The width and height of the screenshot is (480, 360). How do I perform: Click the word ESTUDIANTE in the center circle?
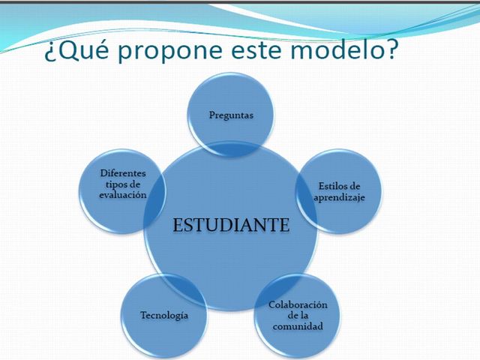[231, 224]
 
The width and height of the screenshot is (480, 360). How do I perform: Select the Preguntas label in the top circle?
[231, 115]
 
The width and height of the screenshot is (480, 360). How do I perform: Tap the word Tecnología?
[164, 315]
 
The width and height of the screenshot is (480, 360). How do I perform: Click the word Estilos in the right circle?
[330, 185]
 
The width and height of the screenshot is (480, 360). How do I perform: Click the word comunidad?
[298, 327]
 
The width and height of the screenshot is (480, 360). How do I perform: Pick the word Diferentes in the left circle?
[123, 173]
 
